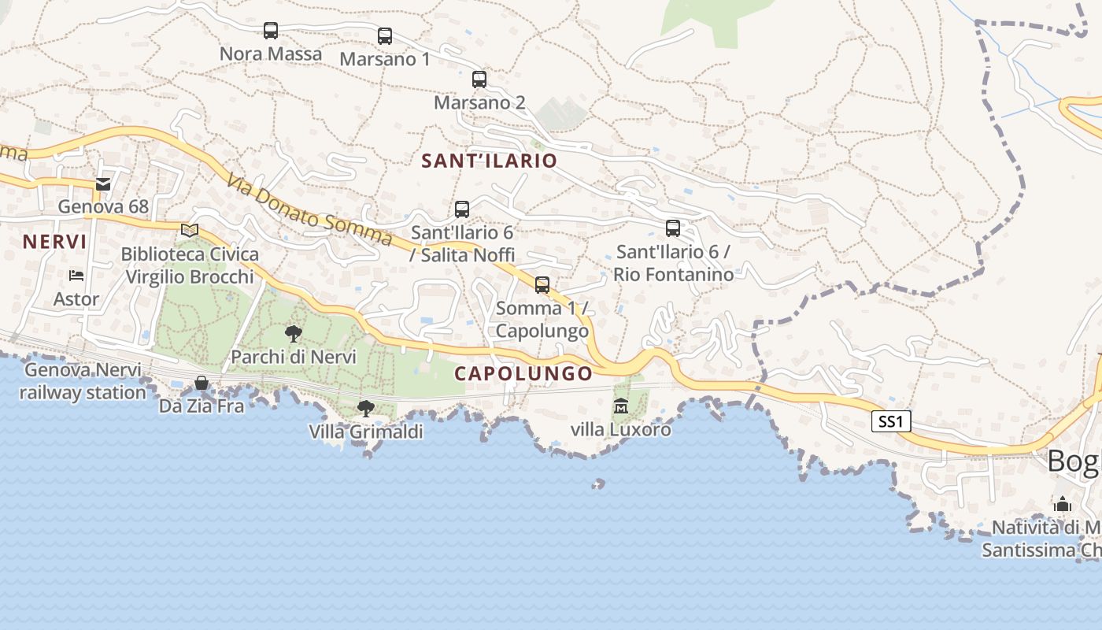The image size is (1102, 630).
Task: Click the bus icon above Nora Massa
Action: coord(271,31)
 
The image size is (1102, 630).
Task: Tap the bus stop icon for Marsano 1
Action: coord(385,36)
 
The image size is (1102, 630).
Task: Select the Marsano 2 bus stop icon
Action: coord(479,80)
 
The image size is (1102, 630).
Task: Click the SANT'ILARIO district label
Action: coord(489,161)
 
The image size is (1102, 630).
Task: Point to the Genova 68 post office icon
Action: coord(103,183)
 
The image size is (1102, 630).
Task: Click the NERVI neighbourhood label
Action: coord(54,242)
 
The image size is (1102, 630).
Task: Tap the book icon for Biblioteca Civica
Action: coord(190,230)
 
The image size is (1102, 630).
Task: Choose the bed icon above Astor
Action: coord(76,276)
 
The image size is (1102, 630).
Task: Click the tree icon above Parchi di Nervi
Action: coord(294,333)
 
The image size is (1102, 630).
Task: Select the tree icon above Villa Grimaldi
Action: coord(365,408)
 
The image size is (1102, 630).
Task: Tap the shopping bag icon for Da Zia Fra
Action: coord(202,383)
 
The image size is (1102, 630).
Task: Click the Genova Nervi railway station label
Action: coord(83,381)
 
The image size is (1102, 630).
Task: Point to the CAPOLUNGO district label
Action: coord(523,374)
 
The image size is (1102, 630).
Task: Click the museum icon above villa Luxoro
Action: coord(621,406)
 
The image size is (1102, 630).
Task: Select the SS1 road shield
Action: coord(891,422)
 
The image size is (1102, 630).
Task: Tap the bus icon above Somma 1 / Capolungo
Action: coord(542,285)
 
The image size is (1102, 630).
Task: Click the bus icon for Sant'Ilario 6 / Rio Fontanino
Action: coord(673,228)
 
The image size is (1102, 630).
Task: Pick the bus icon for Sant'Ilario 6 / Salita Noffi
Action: coord(462,209)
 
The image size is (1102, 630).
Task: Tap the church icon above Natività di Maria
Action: coord(1063,504)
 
